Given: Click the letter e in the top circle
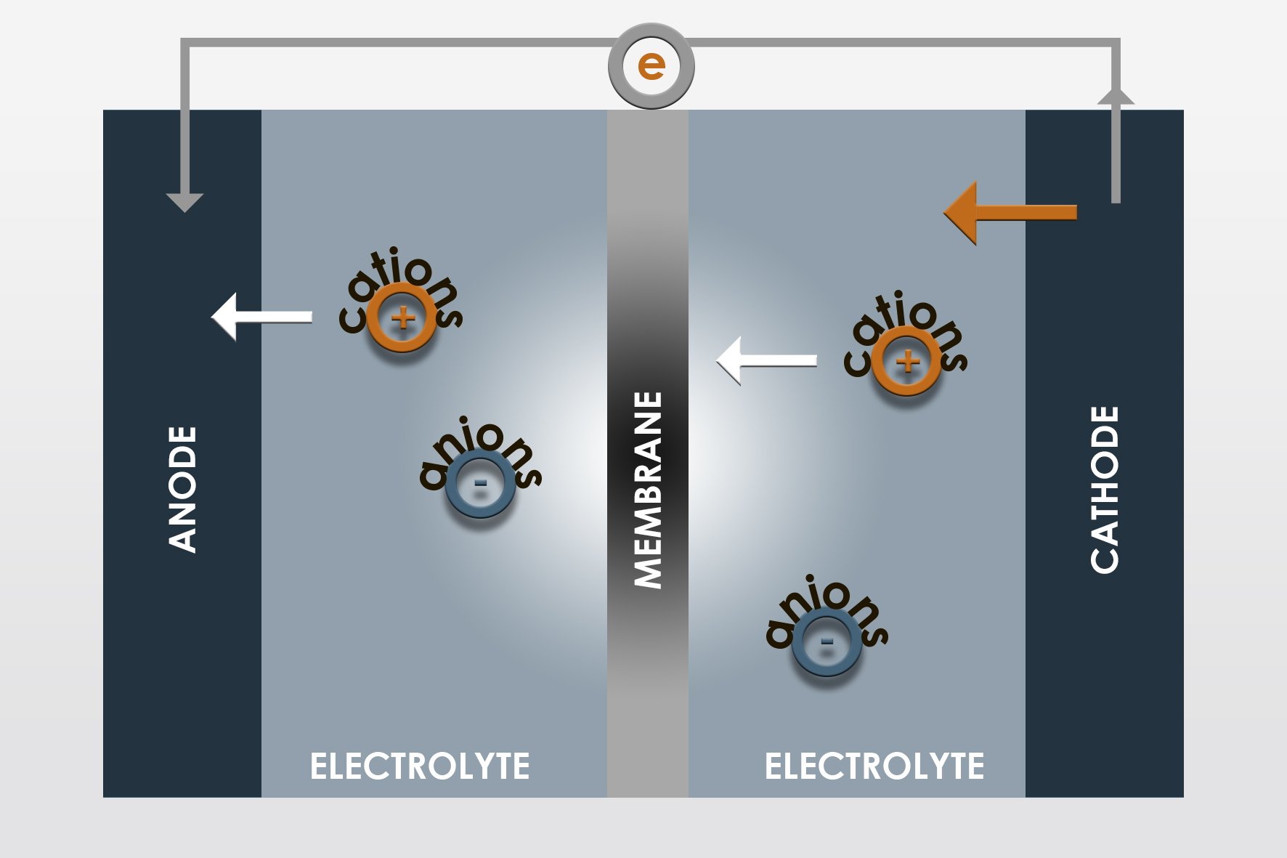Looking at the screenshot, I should click(651, 66).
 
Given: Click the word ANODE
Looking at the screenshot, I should click(182, 489).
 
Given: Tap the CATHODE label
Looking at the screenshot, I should click(1105, 489).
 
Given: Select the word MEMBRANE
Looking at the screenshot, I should click(648, 489).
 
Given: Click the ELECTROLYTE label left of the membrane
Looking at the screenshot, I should click(420, 766).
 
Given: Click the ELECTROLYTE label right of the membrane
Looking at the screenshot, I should click(874, 766).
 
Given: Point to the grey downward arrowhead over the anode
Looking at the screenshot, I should click(184, 201).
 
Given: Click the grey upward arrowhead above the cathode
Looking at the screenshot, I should click(1116, 97).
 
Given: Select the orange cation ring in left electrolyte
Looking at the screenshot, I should click(402, 317).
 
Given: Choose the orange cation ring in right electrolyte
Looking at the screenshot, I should click(906, 361).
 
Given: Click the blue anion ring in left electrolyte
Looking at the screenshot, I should click(480, 483).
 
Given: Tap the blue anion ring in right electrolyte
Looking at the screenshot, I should click(827, 642).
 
